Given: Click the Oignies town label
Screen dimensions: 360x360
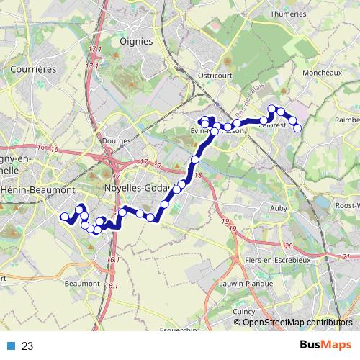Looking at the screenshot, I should [x=137, y=41].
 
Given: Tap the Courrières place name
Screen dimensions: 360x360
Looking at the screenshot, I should [x=34, y=69].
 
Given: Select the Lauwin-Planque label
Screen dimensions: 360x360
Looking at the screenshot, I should [x=247, y=284].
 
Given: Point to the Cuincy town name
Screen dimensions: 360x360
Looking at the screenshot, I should [x=244, y=311].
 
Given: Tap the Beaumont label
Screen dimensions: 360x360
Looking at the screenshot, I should [x=81, y=284].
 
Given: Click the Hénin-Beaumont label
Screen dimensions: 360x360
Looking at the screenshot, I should [x=39, y=190].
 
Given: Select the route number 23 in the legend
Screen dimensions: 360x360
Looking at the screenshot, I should [x=28, y=346].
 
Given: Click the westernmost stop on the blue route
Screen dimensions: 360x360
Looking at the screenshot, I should [x=64, y=217].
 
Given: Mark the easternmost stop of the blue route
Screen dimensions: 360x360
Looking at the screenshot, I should [x=298, y=128].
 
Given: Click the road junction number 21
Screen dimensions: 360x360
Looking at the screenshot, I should [x=347, y=256].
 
